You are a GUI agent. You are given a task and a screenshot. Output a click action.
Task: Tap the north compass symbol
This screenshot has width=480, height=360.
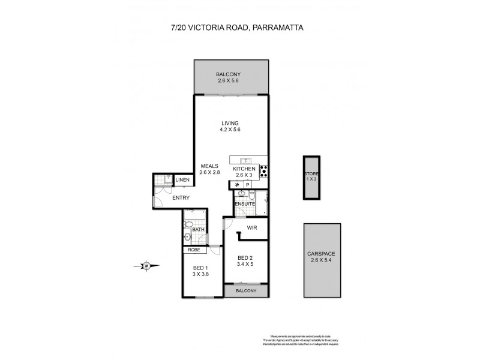coord(146,265)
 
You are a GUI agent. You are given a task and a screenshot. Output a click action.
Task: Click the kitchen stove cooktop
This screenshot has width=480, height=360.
coord(263,171)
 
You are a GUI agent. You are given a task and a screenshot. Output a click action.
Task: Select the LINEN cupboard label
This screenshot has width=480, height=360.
coord(182,180)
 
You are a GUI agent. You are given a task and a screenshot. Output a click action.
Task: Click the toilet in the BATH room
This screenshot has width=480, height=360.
coord(188,226)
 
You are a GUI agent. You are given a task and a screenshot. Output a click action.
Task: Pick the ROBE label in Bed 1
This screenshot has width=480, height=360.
coord(194,250)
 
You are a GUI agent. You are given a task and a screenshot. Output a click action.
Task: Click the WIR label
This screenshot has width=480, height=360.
coord(252,228)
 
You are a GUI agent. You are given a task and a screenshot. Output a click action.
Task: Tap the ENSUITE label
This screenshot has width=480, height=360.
coord(245,204)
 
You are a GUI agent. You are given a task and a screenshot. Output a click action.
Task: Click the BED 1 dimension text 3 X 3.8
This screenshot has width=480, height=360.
coord(200,275)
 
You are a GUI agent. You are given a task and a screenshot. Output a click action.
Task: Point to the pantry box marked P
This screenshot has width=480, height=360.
coord(247,185)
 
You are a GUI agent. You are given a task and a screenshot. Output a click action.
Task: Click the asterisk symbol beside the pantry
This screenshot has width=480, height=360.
coord(237,185)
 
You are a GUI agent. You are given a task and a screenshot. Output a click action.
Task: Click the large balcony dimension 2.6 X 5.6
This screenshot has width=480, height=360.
coord(231,80)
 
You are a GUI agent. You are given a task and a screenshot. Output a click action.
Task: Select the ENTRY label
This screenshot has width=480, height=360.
coord(181,198)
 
